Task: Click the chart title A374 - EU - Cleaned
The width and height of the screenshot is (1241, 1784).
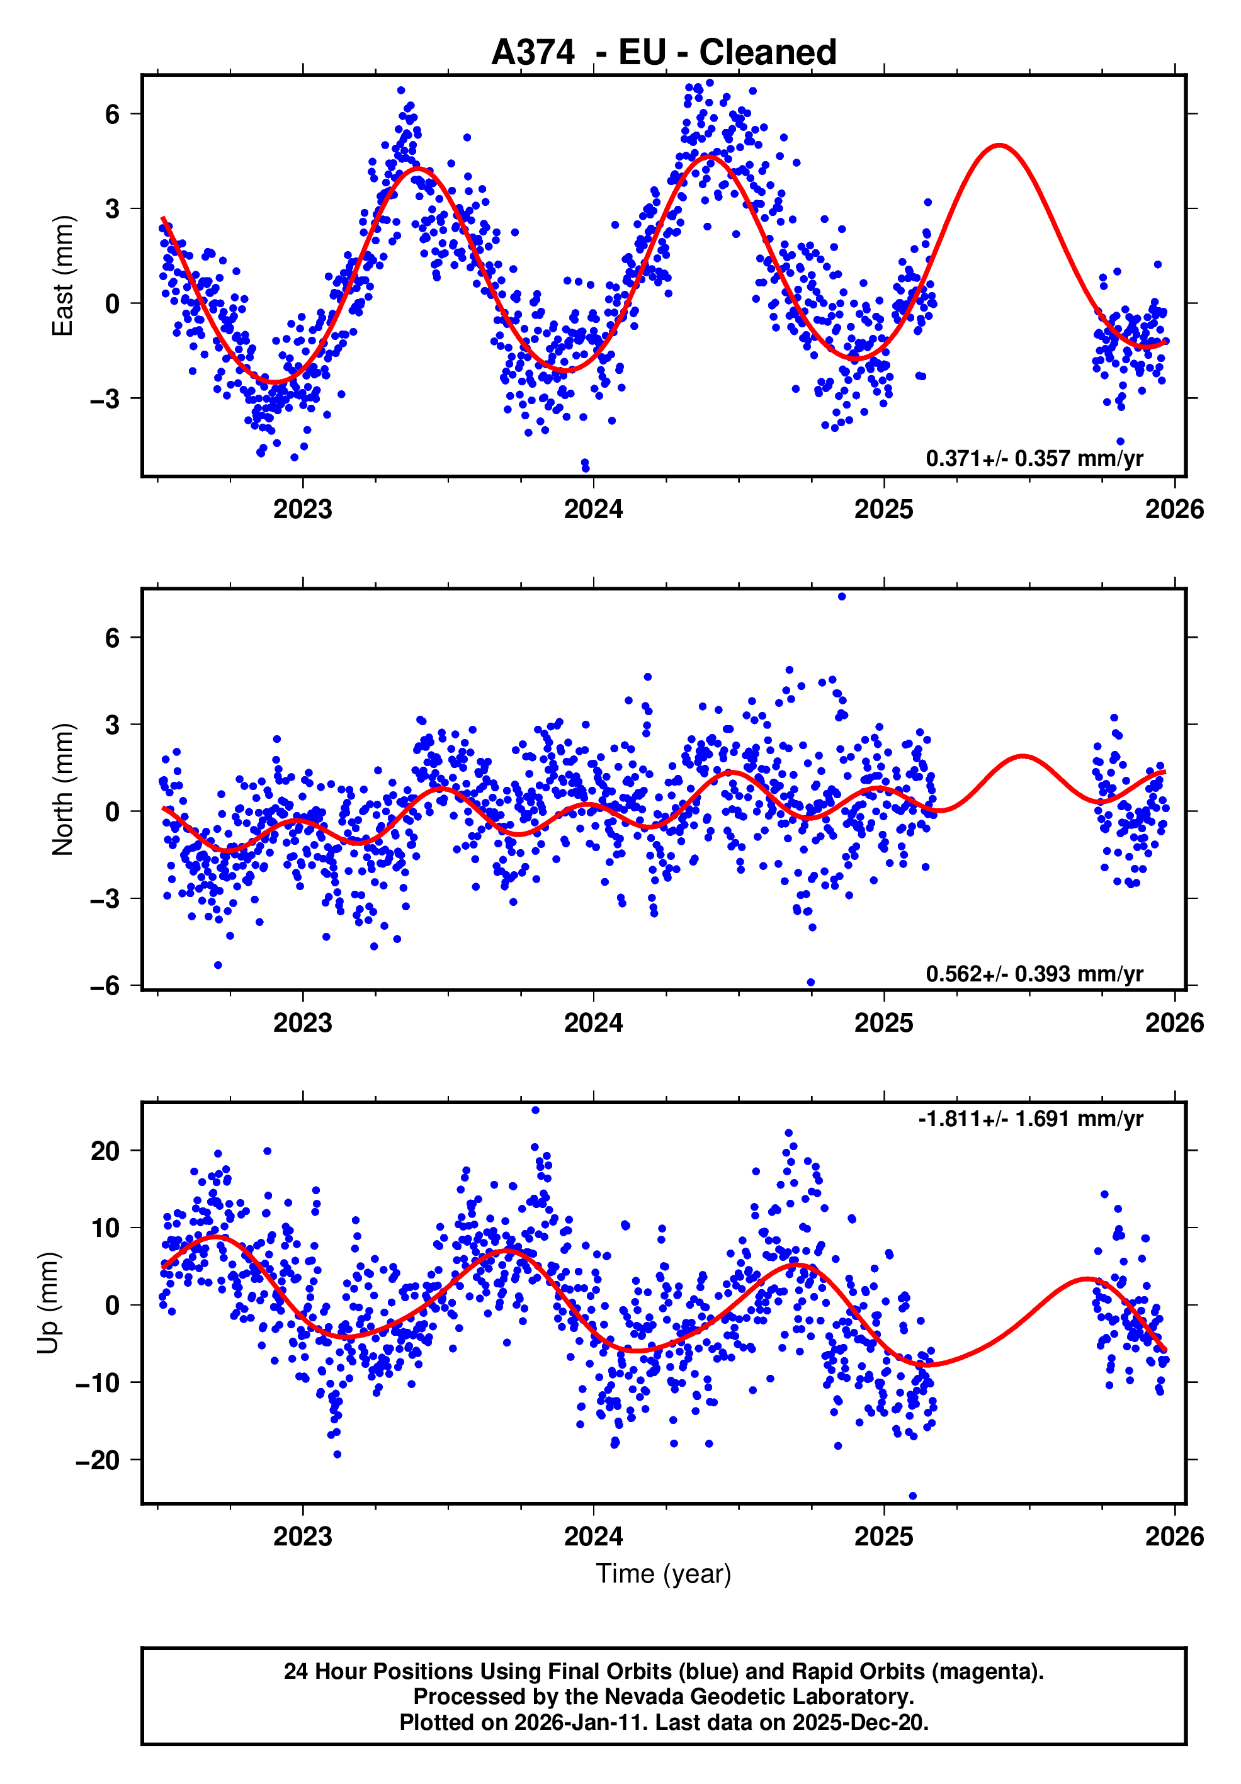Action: point(664,53)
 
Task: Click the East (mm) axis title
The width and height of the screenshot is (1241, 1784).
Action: point(62,276)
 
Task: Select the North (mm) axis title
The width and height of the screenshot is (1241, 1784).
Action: point(62,789)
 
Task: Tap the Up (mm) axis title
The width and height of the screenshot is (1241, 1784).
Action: point(48,1303)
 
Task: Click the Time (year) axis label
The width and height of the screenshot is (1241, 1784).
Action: point(664,1573)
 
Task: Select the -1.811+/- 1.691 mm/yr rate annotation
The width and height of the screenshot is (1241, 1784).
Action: point(1031,1119)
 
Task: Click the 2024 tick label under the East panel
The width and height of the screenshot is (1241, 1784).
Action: point(593,510)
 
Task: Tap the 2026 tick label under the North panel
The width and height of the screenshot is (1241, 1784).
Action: point(1174,1024)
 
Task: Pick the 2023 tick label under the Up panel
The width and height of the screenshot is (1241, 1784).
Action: point(302,1536)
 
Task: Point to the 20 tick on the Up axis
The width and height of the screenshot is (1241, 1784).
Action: point(105,1151)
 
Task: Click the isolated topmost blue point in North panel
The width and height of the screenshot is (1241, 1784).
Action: point(842,597)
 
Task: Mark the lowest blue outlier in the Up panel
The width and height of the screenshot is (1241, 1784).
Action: point(912,1496)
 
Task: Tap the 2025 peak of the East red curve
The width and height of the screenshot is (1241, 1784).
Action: point(999,145)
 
